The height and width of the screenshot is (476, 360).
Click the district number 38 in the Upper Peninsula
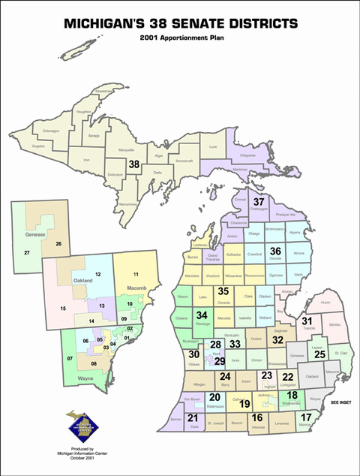coord(134,163)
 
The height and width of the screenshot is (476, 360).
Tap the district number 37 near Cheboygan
coord(259,202)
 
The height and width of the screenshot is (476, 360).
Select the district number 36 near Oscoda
coord(275,251)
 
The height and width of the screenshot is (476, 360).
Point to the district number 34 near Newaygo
coord(202,316)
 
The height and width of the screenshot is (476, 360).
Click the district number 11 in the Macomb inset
coord(136,274)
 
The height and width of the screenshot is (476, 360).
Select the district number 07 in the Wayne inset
coord(70,358)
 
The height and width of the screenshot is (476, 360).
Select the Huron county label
coord(324,302)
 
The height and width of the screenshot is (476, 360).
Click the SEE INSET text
coord(340,402)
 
